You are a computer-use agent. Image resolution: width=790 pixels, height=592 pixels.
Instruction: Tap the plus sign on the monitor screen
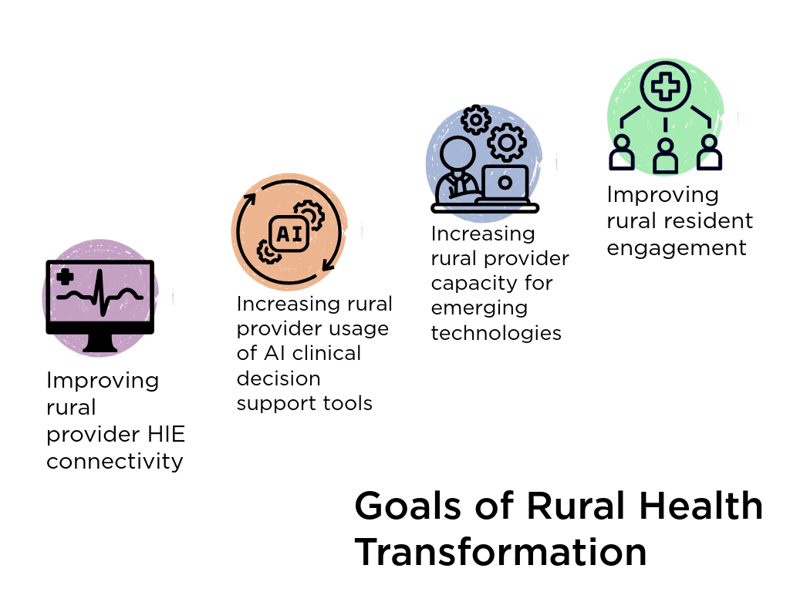(65, 277)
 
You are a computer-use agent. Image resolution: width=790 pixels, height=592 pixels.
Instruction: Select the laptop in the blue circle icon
(505, 183)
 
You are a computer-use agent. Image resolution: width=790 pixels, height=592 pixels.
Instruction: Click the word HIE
(165, 434)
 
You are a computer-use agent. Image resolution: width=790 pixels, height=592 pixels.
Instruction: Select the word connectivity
(115, 461)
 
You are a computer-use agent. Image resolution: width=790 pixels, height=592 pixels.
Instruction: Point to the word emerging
(479, 308)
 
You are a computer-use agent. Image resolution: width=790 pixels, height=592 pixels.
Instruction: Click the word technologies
(496, 333)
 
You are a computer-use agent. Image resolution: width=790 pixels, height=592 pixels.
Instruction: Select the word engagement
(677, 248)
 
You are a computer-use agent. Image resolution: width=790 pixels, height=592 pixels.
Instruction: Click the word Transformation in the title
(500, 552)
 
